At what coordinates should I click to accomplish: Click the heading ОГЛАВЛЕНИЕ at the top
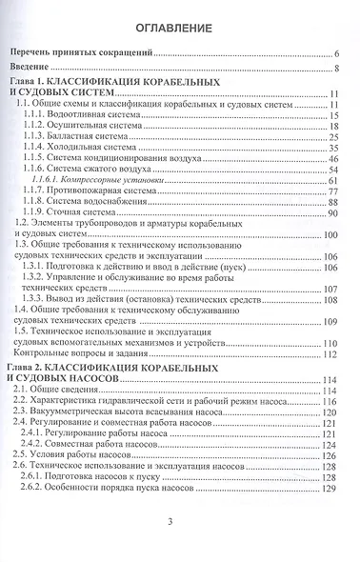coord(179,28)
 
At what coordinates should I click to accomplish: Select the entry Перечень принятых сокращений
coord(85,56)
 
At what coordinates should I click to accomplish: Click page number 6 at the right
coord(337,56)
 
